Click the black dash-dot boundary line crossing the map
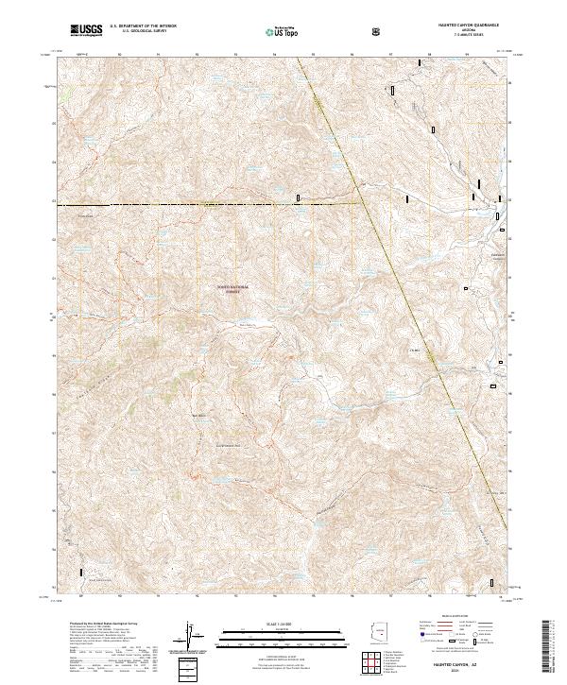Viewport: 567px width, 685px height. (189, 203)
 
